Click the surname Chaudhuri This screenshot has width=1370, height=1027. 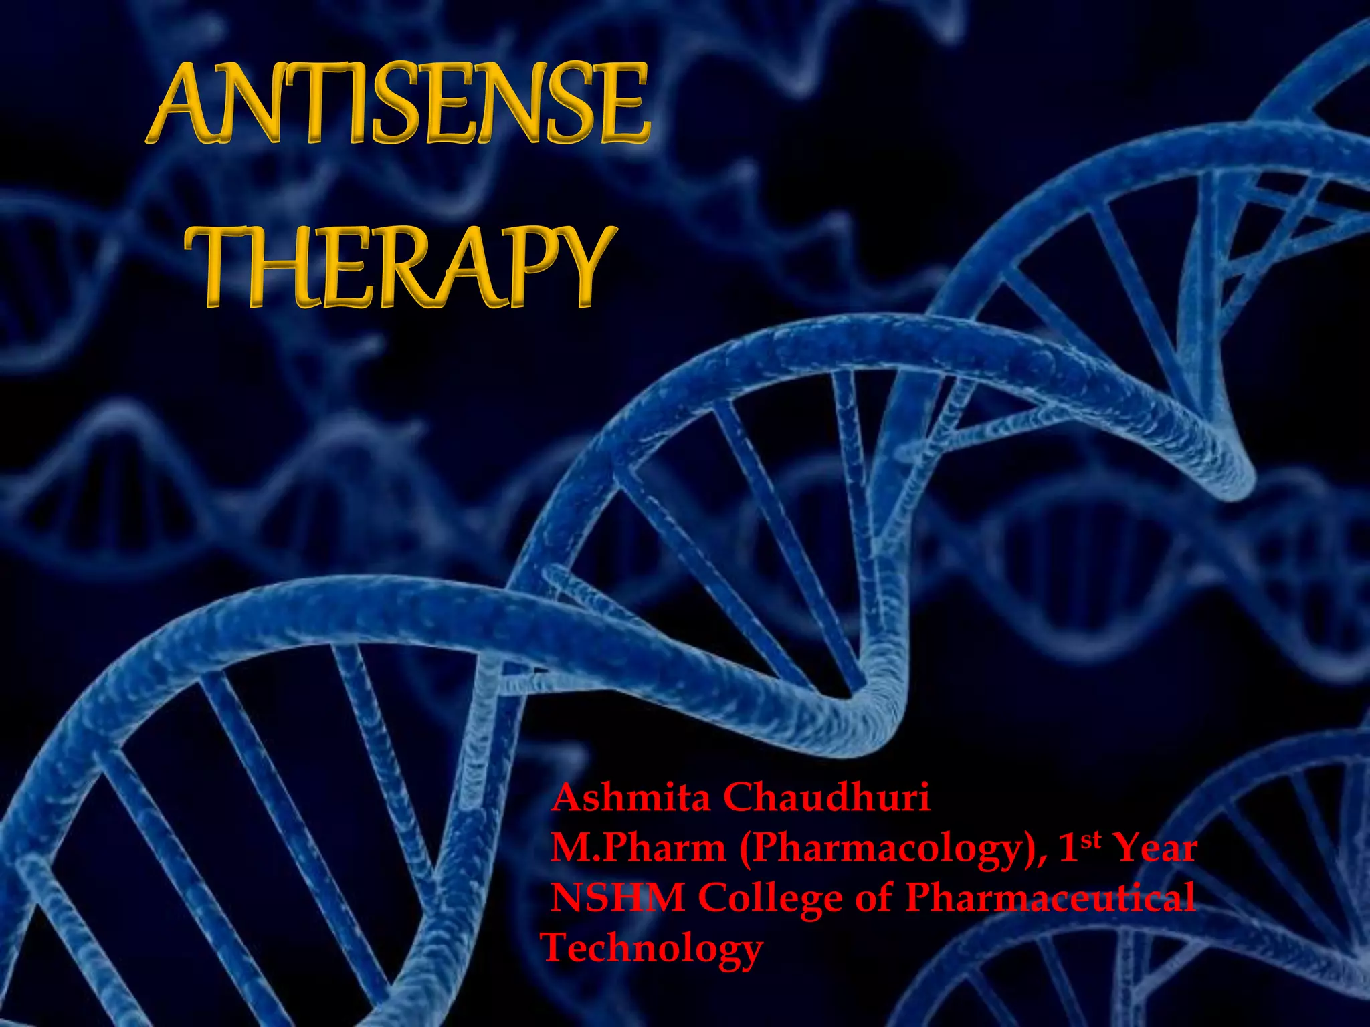(825, 798)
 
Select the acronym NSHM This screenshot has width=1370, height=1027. (617, 897)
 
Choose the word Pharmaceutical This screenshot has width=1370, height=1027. (1050, 897)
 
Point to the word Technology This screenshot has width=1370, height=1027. (652, 948)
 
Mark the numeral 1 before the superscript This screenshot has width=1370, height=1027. (1068, 848)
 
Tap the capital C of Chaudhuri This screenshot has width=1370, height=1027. (741, 798)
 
